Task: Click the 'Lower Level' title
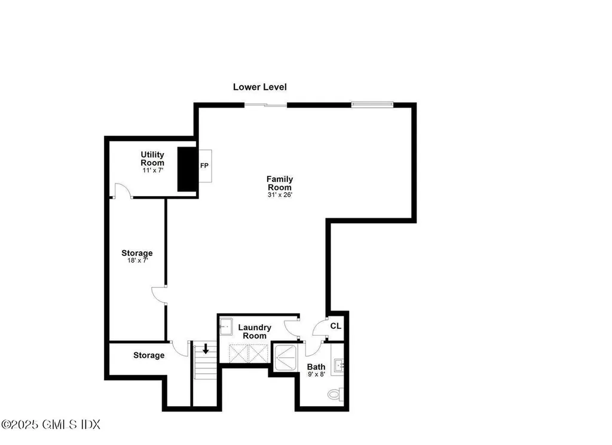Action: pyautogui.click(x=259, y=87)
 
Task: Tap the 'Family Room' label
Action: pyautogui.click(x=280, y=183)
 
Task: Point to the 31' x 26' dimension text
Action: pyautogui.click(x=280, y=195)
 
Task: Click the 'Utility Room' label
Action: pyautogui.click(x=152, y=159)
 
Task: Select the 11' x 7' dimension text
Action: pyautogui.click(x=152, y=170)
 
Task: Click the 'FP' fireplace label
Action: pyautogui.click(x=204, y=166)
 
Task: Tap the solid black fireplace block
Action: pyautogui.click(x=187, y=169)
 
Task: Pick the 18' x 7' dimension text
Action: pyautogui.click(x=137, y=261)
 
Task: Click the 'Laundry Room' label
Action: pyautogui.click(x=255, y=331)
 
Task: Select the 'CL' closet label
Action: pyautogui.click(x=336, y=326)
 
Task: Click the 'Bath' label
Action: pyautogui.click(x=316, y=367)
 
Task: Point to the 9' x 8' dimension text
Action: pyautogui.click(x=316, y=374)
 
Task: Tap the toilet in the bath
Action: pyautogui.click(x=335, y=395)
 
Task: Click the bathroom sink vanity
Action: pyautogui.click(x=338, y=364)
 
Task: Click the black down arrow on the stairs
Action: pyautogui.click(x=206, y=348)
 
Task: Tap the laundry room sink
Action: pyautogui.click(x=226, y=327)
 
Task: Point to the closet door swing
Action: pyautogui.click(x=320, y=328)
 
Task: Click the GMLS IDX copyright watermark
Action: pyautogui.click(x=50, y=425)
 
